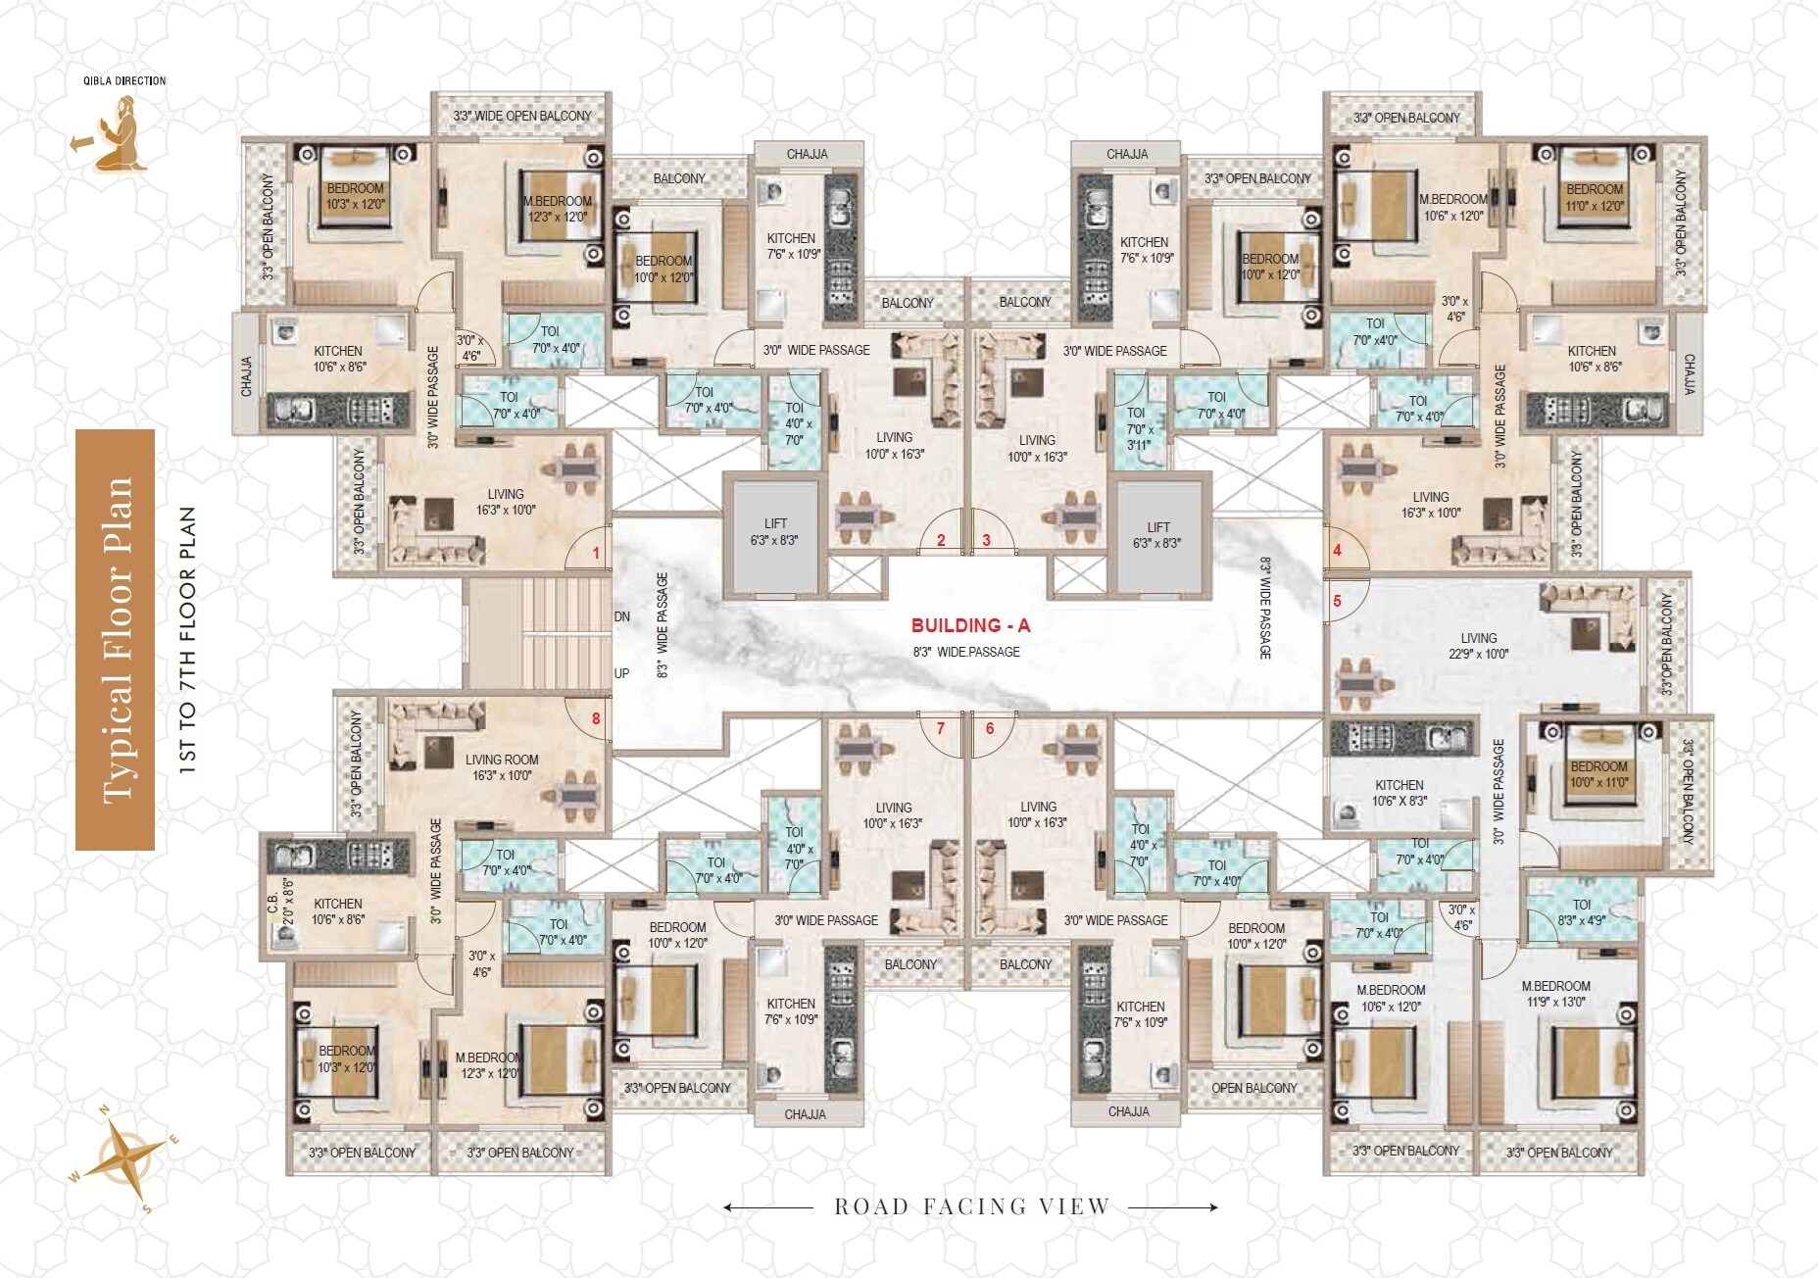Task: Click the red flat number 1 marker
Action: [x=596, y=554]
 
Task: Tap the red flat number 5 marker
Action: [x=1337, y=601]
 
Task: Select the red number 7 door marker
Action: [x=940, y=728]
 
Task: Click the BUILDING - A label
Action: [x=970, y=625]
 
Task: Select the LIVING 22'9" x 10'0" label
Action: [x=1478, y=646]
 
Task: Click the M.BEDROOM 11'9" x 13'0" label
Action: [x=1555, y=994]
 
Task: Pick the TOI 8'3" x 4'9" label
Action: [x=1581, y=912]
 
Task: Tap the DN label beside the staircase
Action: [x=622, y=616]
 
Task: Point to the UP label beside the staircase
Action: [x=622, y=673]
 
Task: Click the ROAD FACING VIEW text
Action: [x=970, y=1206]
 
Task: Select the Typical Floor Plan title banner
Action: [x=116, y=640]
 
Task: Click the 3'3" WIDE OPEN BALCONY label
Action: [x=521, y=116]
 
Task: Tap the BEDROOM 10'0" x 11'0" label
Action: [x=1598, y=774]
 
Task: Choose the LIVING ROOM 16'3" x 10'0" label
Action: [x=501, y=767]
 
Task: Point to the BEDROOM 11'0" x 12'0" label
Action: [x=1594, y=197]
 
